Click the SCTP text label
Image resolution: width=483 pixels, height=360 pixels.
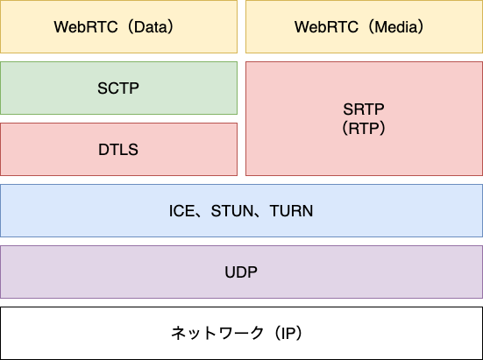click(x=118, y=88)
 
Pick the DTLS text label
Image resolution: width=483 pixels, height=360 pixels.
click(x=118, y=150)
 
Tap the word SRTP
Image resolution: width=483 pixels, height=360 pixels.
click(x=364, y=110)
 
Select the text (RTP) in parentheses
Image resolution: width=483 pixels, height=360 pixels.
click(x=364, y=128)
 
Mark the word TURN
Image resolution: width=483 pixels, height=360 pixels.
click(x=291, y=211)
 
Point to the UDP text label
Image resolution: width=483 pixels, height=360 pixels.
click(x=241, y=272)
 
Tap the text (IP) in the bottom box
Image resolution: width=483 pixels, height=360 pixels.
click(x=291, y=334)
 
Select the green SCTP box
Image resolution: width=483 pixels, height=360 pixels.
click(x=53, y=101)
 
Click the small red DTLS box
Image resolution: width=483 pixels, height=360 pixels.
click(x=53, y=162)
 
